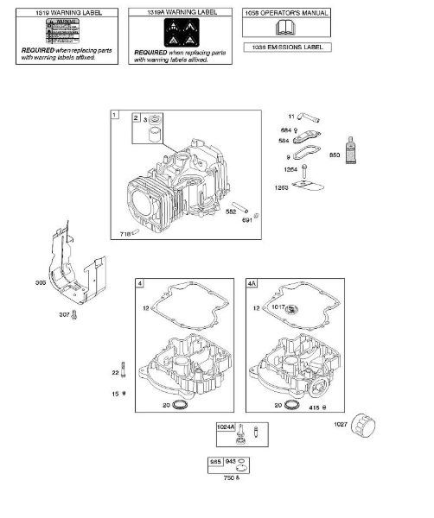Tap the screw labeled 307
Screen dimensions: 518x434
(74, 315)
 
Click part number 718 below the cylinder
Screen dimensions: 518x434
(125, 234)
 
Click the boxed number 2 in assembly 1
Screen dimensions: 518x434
(136, 117)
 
